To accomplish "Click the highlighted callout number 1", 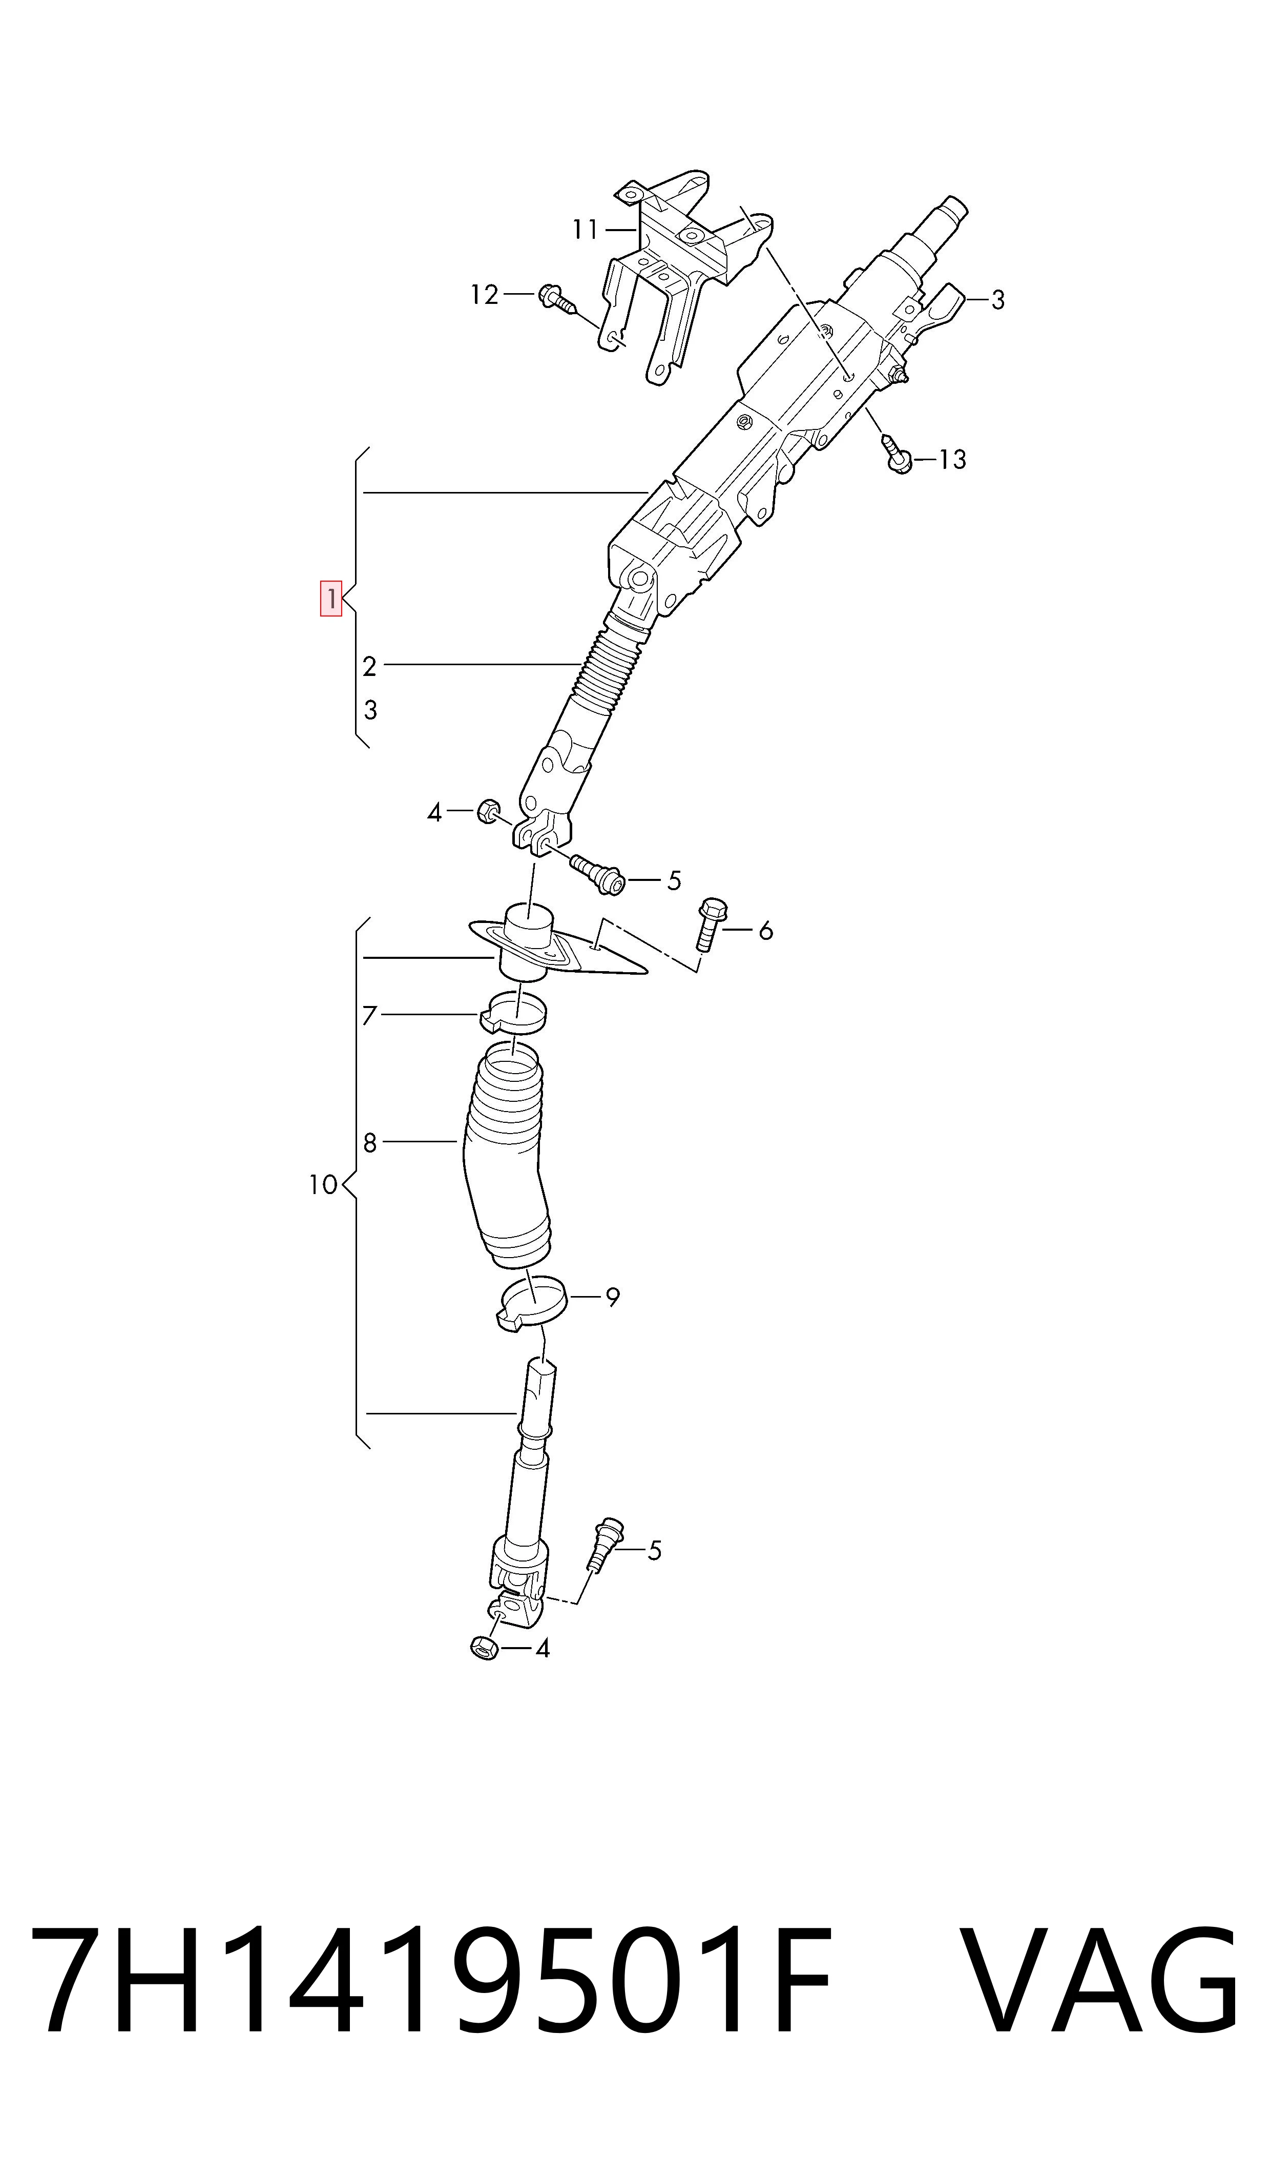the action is [x=330, y=598].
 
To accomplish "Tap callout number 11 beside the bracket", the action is [x=586, y=230].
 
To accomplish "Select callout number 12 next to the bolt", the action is [x=485, y=295].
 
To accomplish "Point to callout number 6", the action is [x=766, y=930].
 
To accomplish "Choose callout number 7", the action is [x=369, y=1016].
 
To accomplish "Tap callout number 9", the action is [x=612, y=1298].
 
